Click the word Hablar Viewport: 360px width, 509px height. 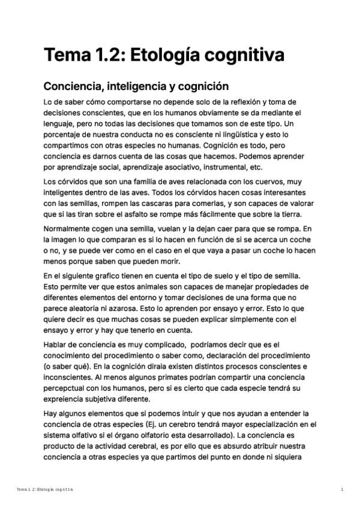tap(58, 344)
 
